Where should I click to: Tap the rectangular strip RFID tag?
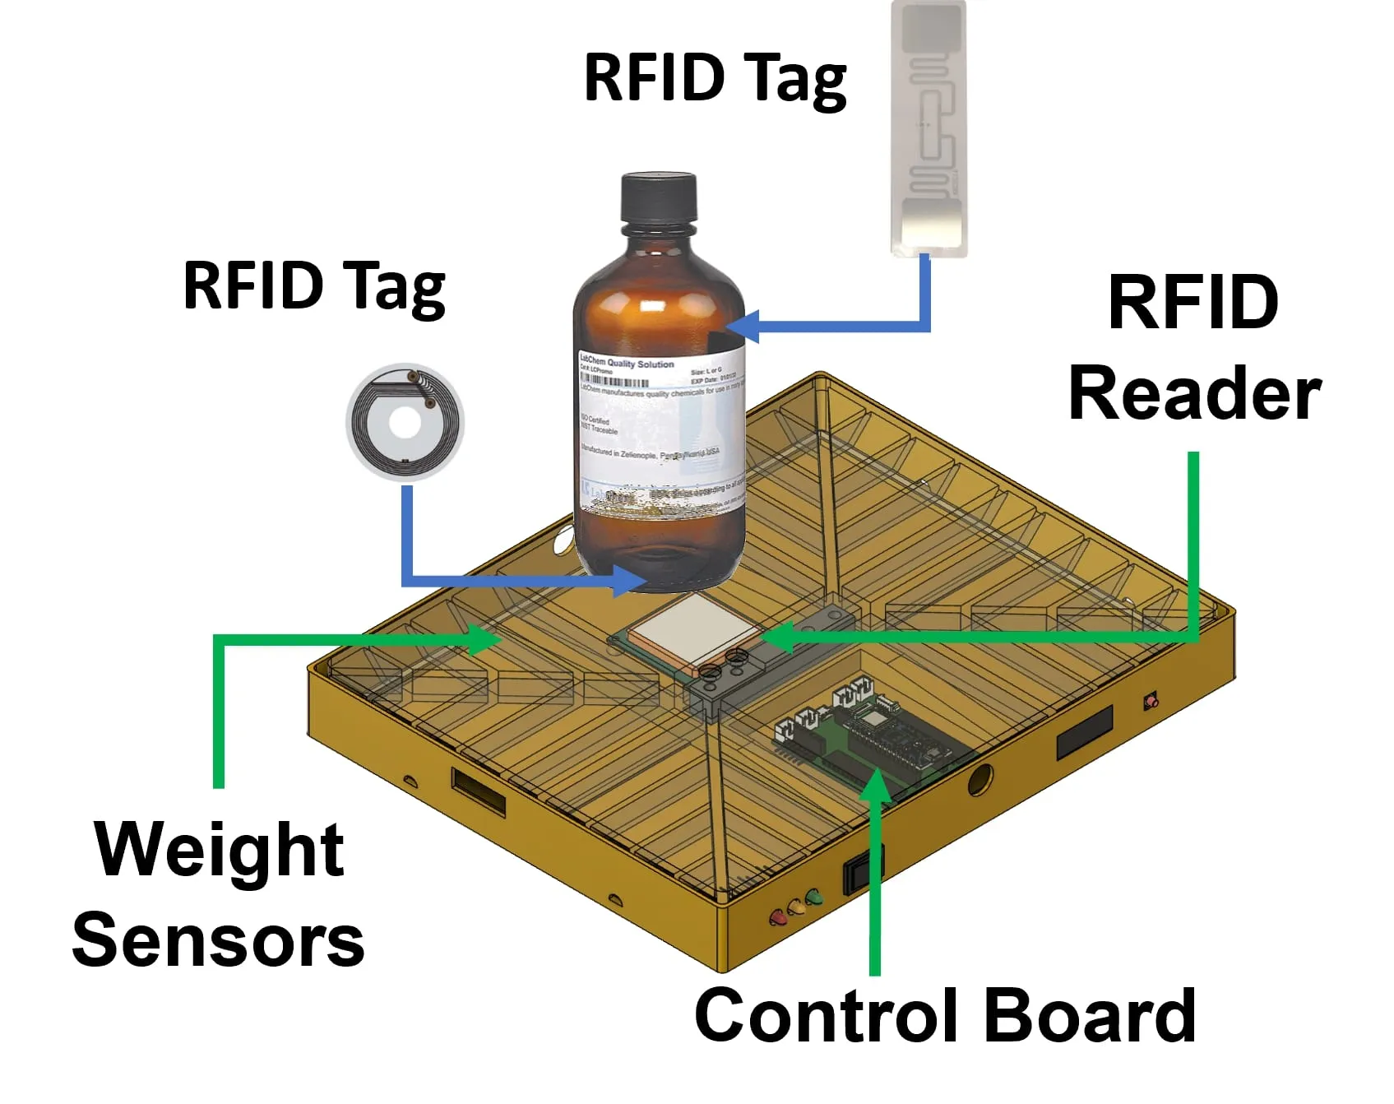click(x=929, y=128)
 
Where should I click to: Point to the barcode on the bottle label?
click(x=614, y=381)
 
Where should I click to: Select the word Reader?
click(x=1193, y=395)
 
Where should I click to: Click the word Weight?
click(x=219, y=851)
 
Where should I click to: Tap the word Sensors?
click(x=219, y=941)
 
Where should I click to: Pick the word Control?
click(x=832, y=1015)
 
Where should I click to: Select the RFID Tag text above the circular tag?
click(x=314, y=286)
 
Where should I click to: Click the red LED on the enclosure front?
click(x=776, y=917)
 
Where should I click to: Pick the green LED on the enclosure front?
click(x=814, y=898)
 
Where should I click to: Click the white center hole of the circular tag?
click(x=404, y=424)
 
